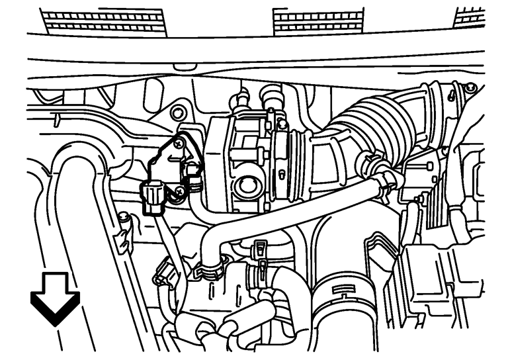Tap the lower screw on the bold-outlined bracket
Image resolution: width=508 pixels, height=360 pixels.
click(x=179, y=192)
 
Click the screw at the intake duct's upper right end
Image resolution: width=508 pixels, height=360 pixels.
click(x=470, y=89)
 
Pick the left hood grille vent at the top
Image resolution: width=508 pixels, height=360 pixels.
click(x=106, y=20)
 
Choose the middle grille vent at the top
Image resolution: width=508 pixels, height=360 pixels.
click(x=317, y=21)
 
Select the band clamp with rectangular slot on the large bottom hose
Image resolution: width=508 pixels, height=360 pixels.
click(x=338, y=289)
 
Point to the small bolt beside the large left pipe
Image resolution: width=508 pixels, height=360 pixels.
click(x=123, y=216)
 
